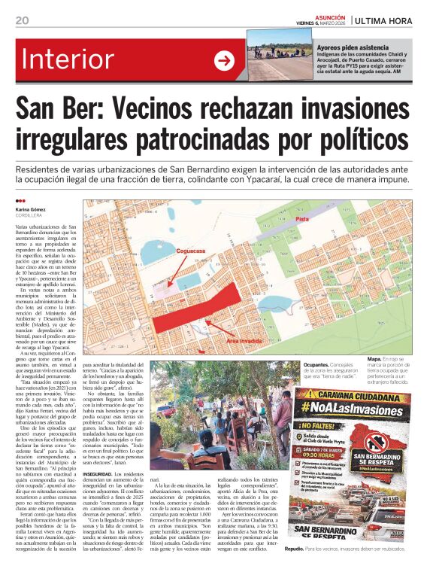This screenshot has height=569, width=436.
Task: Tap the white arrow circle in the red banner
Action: coord(224,60)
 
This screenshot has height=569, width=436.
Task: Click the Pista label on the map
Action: coord(302,218)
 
